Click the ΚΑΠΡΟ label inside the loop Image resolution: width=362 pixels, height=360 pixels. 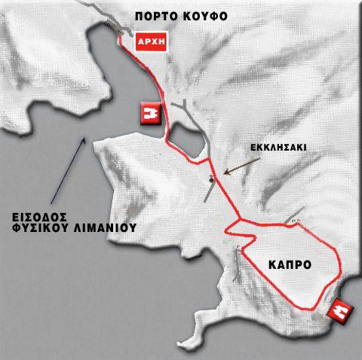[290, 264]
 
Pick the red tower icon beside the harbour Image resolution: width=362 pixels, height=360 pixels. [149, 114]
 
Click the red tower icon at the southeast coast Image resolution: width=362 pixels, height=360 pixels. [340, 310]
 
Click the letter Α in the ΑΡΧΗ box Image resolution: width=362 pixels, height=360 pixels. [140, 41]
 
